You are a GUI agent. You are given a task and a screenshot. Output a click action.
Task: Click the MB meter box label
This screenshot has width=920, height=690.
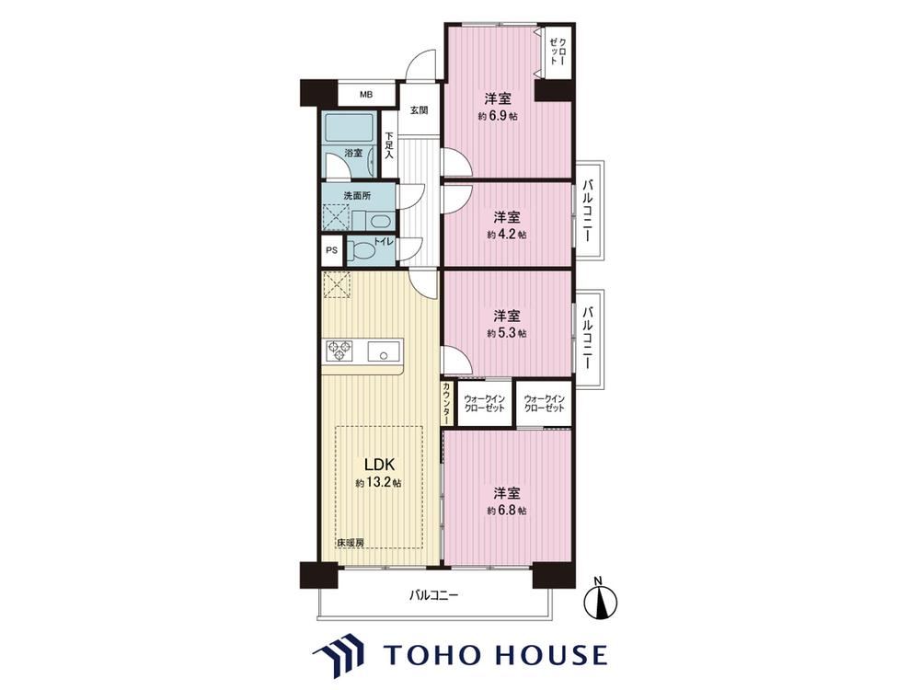coord(366,95)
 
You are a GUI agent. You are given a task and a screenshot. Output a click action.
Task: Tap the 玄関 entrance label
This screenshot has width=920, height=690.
coord(419,109)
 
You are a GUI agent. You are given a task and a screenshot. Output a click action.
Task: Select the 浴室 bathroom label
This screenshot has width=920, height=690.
coord(353,153)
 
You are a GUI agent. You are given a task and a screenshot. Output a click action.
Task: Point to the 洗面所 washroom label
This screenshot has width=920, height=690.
coord(357,196)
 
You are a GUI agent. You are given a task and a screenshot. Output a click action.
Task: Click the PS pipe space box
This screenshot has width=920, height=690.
coord(332,250)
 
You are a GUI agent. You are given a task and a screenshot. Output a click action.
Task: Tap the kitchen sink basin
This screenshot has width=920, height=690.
coord(383,352)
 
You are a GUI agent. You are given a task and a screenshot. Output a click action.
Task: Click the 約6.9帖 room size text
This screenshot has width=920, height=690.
coord(498,116)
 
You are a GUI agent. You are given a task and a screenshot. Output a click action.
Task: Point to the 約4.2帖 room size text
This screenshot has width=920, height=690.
coord(506,235)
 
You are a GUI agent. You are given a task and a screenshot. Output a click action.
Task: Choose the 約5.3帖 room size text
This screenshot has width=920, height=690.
coord(506,333)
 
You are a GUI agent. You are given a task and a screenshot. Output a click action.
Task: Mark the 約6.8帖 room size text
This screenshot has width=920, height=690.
coord(506,511)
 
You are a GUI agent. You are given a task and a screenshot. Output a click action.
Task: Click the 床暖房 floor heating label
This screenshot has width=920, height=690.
coord(351,543)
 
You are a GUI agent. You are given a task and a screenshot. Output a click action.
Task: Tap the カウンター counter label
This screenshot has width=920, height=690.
coord(447,404)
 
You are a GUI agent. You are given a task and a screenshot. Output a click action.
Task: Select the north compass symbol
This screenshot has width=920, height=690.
coord(602,600)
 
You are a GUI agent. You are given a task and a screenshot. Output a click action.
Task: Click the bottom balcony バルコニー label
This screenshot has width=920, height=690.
coord(433,596)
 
